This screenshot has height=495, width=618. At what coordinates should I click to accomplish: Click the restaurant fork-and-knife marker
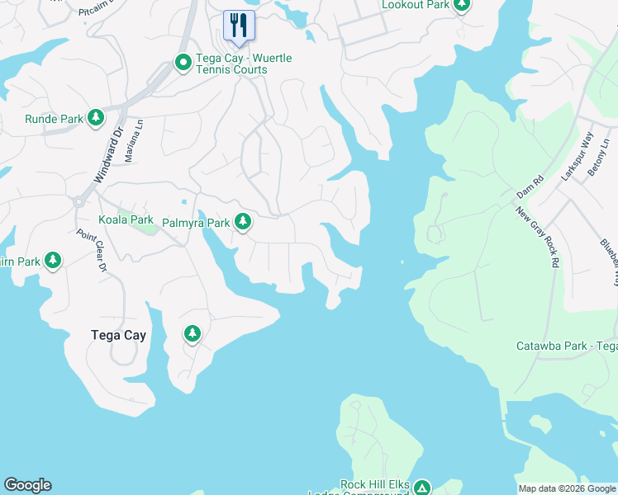pos(239,24)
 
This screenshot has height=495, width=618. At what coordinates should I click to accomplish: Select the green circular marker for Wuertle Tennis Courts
pos(183,62)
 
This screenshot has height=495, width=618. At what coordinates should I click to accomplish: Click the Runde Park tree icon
pos(97,119)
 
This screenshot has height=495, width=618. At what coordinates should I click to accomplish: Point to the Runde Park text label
pos(54,120)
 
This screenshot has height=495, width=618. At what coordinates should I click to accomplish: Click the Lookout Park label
pos(416,6)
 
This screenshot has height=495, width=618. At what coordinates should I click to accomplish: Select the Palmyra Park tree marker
pos(242,222)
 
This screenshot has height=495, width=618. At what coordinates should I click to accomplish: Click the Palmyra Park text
pos(195,223)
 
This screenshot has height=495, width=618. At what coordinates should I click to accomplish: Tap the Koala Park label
pos(126,220)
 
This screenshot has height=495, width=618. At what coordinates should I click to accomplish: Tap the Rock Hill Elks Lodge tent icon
pos(422,488)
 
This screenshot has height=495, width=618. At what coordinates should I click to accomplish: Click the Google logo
pos(27,485)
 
